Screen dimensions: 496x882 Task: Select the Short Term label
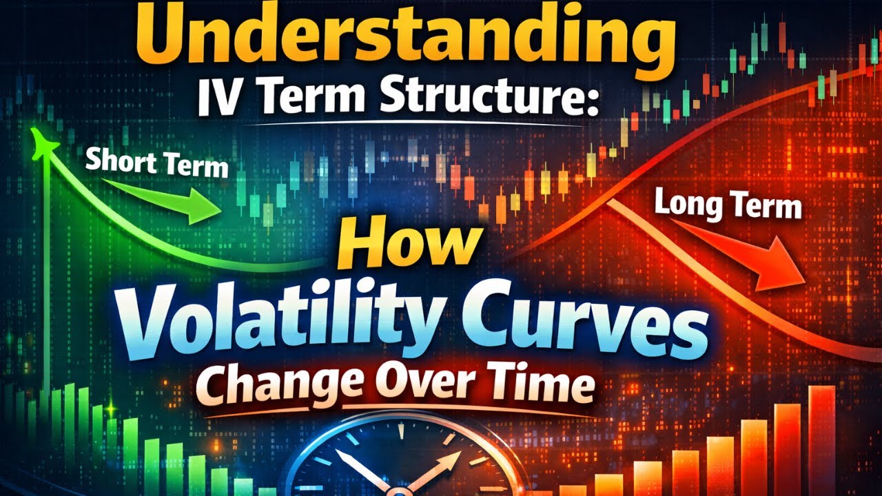[x=157, y=165]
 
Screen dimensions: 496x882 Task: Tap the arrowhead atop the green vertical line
[x=43, y=141]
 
